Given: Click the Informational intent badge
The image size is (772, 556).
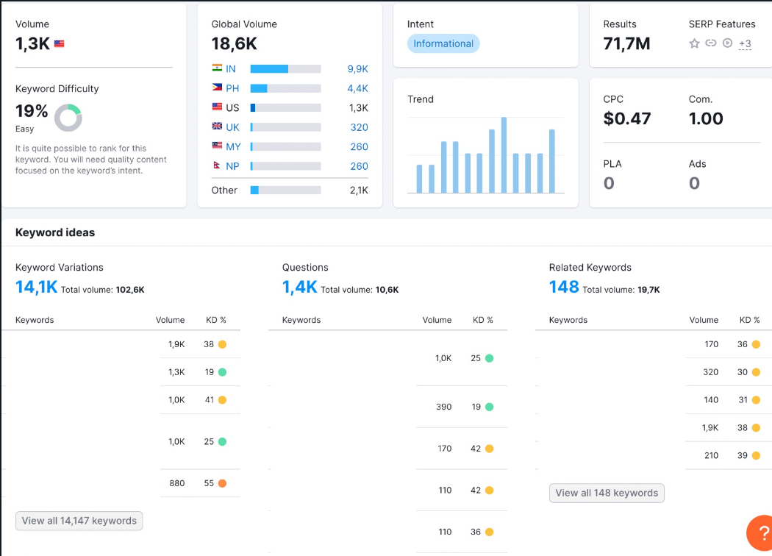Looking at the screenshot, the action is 443,43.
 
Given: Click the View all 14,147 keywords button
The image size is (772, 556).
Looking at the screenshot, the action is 79,521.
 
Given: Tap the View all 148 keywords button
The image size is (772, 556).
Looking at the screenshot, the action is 607,493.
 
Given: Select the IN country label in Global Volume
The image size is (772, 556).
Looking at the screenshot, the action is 231,69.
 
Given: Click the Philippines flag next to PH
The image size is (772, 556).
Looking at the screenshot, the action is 217,88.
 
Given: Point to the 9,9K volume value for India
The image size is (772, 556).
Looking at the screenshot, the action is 358,69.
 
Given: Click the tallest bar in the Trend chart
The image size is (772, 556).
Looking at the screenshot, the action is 504,155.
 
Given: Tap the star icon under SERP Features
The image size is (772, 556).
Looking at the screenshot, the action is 694,43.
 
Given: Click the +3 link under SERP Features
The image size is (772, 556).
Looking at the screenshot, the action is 745,44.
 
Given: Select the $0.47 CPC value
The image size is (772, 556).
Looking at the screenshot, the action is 626,118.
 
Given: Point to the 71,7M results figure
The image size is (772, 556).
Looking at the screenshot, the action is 626,44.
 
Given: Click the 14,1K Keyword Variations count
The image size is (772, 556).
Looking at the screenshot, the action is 37,287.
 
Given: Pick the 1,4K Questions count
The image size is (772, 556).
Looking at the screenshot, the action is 299,287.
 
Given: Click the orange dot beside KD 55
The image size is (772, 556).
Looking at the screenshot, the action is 223,483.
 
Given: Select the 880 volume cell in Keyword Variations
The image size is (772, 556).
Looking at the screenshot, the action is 176,483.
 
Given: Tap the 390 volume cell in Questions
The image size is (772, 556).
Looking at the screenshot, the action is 443,407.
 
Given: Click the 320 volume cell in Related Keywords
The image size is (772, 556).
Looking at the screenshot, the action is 710,372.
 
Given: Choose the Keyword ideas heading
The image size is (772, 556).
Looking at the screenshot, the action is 55,232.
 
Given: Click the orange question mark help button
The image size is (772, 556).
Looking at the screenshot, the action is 760,533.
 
